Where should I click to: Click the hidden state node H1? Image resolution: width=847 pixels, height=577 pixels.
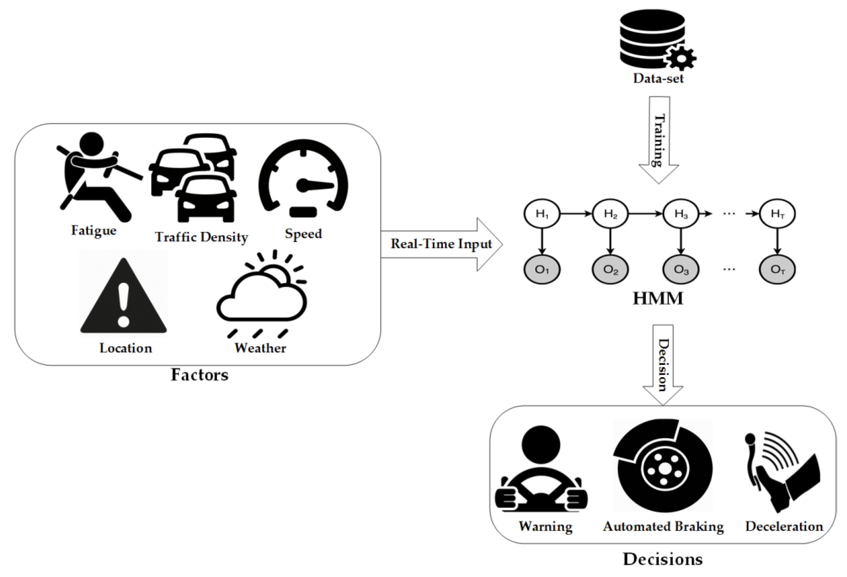tap(542, 214)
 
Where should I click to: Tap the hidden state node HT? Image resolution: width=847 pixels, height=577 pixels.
tap(777, 214)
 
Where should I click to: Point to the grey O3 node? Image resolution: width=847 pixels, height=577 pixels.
tap(681, 270)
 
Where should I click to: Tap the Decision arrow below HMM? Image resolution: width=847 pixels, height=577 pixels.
tap(663, 365)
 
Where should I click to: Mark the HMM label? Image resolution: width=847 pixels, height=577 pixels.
tap(658, 298)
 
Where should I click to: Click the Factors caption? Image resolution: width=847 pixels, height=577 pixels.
tap(200, 375)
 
